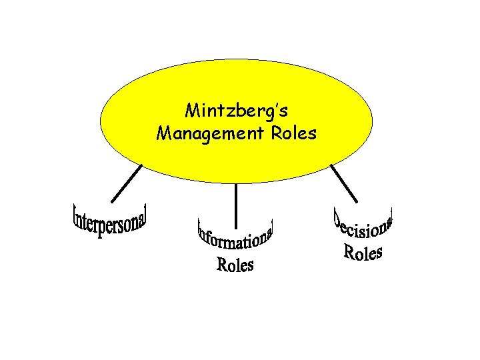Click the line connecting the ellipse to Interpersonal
point(127,183)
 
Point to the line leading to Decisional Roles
point(344,183)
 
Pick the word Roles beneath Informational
point(235,265)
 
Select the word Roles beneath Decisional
point(363,253)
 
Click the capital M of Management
point(163,133)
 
